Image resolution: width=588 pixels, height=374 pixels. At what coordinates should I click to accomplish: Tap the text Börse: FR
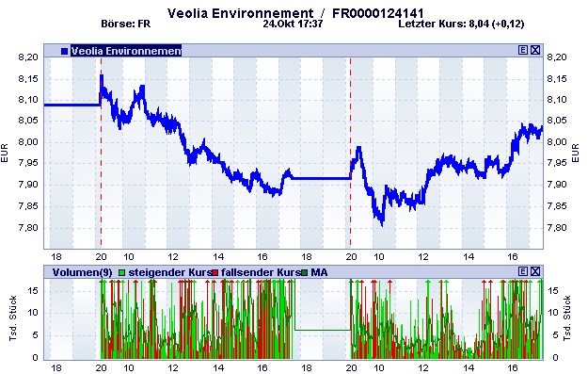click(x=125, y=25)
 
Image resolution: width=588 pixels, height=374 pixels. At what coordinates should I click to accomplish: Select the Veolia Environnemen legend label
click(x=125, y=50)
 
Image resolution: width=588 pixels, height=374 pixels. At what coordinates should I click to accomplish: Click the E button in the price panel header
click(x=523, y=50)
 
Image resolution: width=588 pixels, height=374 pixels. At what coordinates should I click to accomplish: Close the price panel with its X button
click(x=535, y=50)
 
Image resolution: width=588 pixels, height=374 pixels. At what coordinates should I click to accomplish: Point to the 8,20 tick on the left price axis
click(x=28, y=57)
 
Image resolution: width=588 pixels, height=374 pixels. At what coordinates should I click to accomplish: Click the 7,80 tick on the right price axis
click(x=559, y=228)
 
